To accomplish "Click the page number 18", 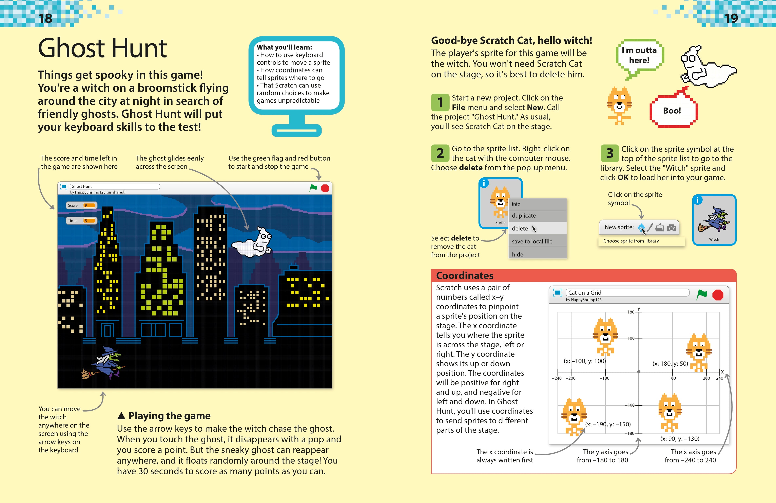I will (45, 18).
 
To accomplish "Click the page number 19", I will (731, 18).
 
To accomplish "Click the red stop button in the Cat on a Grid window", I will (718, 295).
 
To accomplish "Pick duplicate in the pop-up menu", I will (524, 215).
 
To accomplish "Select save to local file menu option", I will (532, 241).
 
